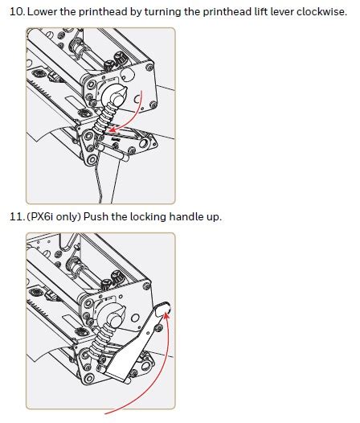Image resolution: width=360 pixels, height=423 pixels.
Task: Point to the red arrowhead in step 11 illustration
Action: (x=166, y=314)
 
